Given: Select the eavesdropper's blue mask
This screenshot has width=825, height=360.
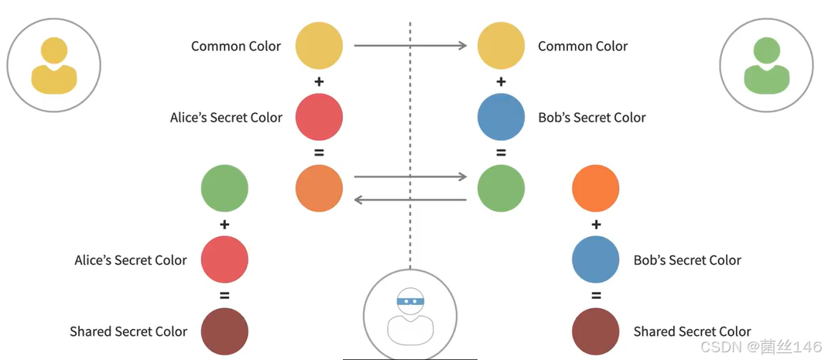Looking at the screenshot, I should pos(409,300).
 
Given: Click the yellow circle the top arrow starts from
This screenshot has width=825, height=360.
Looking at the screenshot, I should pos(319,46).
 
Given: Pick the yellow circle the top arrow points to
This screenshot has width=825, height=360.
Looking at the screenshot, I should pos(501,46).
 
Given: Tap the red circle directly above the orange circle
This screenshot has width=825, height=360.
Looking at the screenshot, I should pos(319,117).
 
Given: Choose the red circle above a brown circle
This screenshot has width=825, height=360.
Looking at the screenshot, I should pos(224,259).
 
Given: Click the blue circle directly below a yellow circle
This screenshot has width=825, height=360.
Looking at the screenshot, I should pos(501,117).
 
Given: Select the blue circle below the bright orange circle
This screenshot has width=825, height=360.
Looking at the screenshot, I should pos(595,259).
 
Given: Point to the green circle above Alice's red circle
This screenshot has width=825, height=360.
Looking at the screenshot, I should pos(224,188).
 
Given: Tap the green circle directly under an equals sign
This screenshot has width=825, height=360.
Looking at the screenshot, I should pos(501,188).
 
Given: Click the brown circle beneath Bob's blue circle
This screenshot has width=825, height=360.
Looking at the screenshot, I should pos(595,331).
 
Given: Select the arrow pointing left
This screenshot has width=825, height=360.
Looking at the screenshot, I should pos(410,200).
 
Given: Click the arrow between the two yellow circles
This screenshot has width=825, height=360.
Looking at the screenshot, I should pos(410,46).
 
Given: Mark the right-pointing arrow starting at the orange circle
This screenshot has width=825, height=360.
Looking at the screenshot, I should pos(410,177).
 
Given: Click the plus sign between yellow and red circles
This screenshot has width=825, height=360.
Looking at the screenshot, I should pos(319,81).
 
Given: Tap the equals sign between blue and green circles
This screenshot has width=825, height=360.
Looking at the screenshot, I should pos(501,153).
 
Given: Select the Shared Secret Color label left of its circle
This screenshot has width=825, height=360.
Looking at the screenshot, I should pos(128,331).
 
